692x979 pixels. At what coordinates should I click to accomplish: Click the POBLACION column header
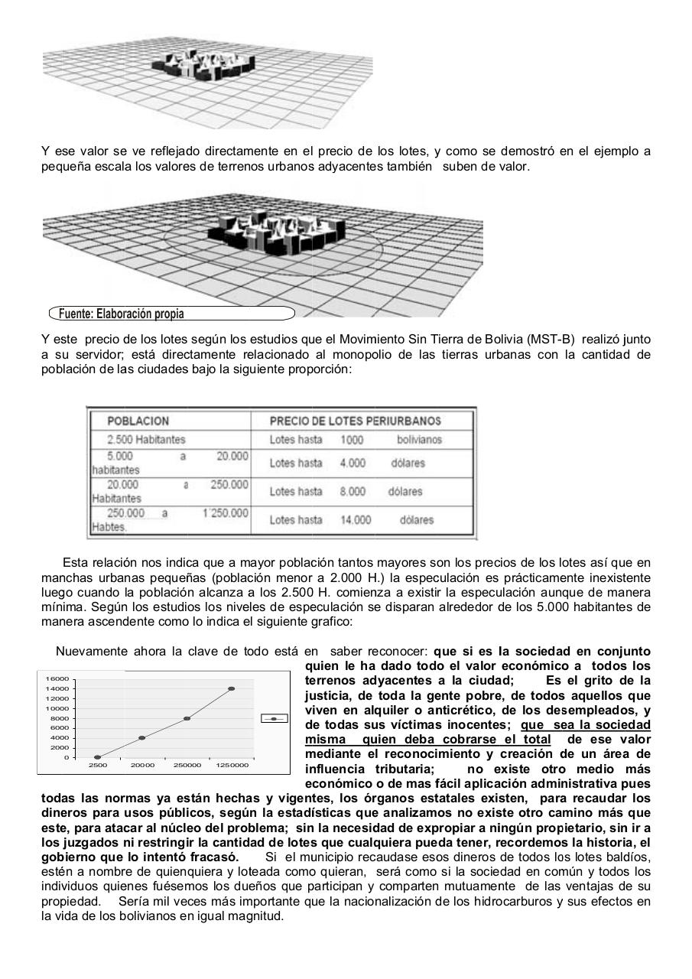click(x=138, y=421)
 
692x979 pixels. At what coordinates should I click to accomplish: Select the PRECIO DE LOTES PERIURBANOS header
click(x=355, y=421)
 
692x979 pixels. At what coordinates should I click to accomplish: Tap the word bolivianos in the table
click(x=419, y=440)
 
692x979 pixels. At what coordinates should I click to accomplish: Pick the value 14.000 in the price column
click(x=356, y=520)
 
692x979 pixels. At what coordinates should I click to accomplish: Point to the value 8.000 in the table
click(x=352, y=492)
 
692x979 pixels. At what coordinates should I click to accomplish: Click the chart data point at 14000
click(x=232, y=688)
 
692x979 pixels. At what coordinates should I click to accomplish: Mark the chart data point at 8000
click(x=187, y=718)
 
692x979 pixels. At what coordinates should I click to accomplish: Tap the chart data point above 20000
click(x=142, y=738)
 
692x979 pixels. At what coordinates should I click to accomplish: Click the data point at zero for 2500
click(x=97, y=757)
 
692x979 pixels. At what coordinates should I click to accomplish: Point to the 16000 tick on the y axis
click(x=58, y=679)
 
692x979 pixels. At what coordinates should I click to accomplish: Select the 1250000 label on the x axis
click(x=232, y=765)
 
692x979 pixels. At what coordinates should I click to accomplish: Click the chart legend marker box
click(x=274, y=719)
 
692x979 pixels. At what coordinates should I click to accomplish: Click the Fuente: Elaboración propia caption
click(x=122, y=314)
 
